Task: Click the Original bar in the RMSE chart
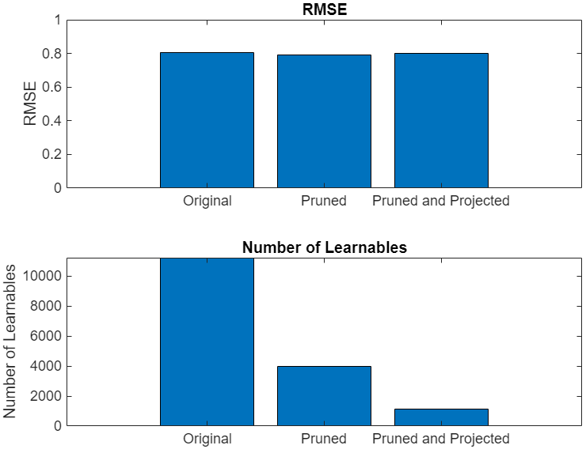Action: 207,120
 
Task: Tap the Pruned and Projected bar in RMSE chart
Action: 441,120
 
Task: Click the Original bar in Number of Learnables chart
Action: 207,341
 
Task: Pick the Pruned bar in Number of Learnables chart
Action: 324,395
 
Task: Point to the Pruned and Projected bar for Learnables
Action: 441,417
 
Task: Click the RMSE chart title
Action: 324,9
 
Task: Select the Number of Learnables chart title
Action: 324,247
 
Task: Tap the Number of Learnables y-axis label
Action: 10,341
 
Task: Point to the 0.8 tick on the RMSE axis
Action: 51,54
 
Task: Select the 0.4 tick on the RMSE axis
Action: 51,121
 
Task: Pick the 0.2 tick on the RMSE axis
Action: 51,154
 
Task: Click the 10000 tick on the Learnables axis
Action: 43,276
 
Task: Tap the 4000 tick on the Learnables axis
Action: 46,366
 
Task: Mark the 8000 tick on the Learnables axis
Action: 46,306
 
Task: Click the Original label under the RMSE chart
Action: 207,201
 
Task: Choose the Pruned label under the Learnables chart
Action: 324,439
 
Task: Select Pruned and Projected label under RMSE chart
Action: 441,201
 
